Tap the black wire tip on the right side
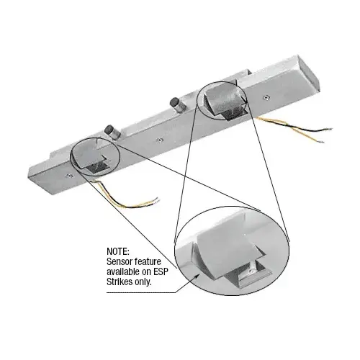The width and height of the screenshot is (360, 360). click(330, 130)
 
